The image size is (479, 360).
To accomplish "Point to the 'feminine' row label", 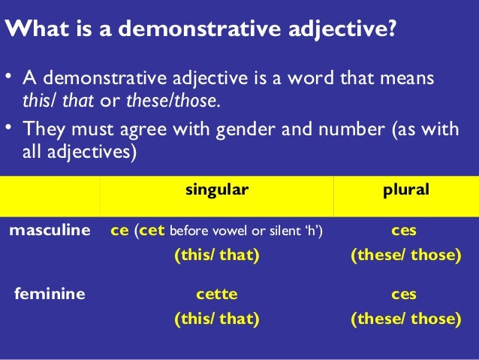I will pos(50,294).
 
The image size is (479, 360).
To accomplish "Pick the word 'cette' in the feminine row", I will pos(216,294).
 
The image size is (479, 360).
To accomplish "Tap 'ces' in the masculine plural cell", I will pos(405,231).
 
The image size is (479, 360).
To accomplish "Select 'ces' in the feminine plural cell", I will pos(405,294).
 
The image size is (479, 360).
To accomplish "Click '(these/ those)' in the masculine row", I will pos(405,256).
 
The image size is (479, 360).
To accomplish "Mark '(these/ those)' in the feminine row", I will pos(405,319).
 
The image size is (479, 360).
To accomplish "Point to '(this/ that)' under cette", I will pos(216,319).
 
